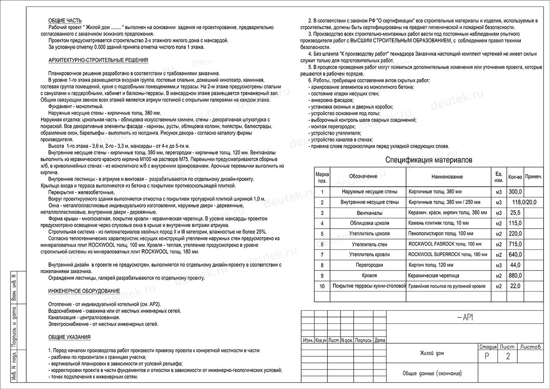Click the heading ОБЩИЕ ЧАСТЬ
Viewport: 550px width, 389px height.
pyautogui.click(x=65, y=21)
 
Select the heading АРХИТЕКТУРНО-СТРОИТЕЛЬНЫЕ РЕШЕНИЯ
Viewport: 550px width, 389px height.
pyautogui.click(x=98, y=60)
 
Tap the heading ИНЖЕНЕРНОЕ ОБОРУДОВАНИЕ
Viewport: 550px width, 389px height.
pyautogui.click(x=84, y=291)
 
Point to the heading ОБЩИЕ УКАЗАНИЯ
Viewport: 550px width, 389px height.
pyautogui.click(x=69, y=337)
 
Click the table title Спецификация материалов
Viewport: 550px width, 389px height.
pyautogui.click(x=429, y=160)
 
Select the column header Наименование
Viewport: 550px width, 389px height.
pyautogui.click(x=447, y=177)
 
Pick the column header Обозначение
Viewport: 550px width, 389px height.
pyautogui.click(x=363, y=177)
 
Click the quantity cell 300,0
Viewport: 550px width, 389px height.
pyautogui.click(x=515, y=192)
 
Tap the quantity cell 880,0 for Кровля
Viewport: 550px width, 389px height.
pyautogui.click(x=515, y=276)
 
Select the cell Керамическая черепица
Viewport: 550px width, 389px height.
pyautogui.click(x=433, y=276)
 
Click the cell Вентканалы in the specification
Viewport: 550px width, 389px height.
pyautogui.click(x=369, y=213)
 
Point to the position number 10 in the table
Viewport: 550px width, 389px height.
pyautogui.click(x=322, y=287)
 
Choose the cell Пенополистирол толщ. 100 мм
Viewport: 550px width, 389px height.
pyautogui.click(x=441, y=234)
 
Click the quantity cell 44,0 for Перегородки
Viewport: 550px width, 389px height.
pyautogui.click(x=516, y=265)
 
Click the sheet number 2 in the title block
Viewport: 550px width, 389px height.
pyautogui.click(x=508, y=356)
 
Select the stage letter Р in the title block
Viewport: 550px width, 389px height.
pyautogui.click(x=487, y=356)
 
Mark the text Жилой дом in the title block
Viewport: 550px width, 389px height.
pyautogui.click(x=432, y=353)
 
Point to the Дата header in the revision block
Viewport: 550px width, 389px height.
pyautogui.click(x=379, y=340)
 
